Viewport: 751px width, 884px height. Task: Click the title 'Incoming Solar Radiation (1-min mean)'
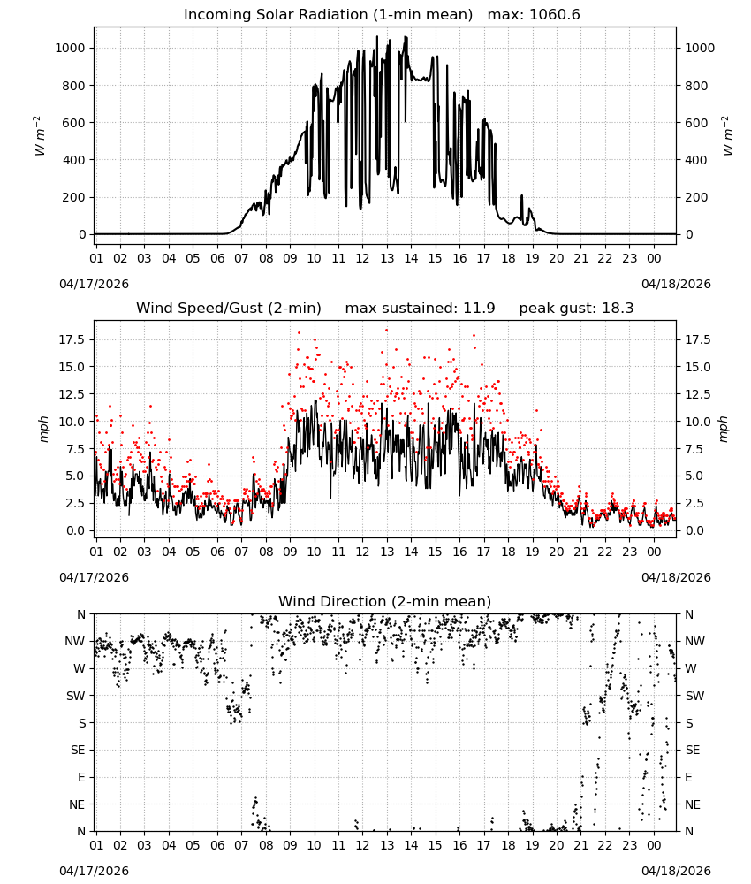coord(328,15)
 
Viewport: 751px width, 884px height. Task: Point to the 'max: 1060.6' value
coord(534,15)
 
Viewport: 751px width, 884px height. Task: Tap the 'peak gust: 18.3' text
coord(576,309)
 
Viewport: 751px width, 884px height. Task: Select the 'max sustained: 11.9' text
coord(421,309)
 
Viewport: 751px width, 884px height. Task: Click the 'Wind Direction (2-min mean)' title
coord(385,601)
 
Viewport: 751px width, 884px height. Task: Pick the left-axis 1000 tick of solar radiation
coord(70,48)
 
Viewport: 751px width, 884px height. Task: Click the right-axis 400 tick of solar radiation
coord(696,160)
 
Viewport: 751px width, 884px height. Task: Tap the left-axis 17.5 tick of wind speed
coord(72,340)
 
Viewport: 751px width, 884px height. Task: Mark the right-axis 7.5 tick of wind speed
coord(694,449)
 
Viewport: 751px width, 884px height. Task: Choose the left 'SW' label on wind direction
coord(76,696)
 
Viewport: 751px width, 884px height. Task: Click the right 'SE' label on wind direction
coord(693,750)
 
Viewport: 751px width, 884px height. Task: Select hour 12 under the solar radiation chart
coord(362,258)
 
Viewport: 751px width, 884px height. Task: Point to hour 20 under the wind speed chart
coord(556,552)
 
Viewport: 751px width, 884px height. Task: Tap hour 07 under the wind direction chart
coord(241,845)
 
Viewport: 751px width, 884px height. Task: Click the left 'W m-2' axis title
coord(39,136)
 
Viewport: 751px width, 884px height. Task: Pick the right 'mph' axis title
coord(724,429)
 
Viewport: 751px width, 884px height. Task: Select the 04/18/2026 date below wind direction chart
coord(676,871)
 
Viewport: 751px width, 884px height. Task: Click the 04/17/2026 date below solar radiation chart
coord(94,284)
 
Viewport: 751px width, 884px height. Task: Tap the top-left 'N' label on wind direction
coord(81,614)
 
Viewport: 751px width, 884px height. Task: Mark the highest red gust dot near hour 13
coord(386,331)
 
